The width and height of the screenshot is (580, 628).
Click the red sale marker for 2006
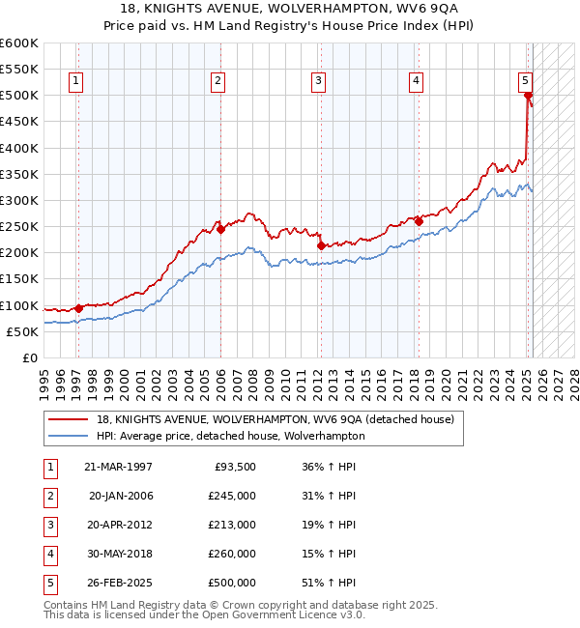tap(220, 229)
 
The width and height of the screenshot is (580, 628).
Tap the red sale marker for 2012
tap(320, 245)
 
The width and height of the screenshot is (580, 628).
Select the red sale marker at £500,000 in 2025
tap(528, 95)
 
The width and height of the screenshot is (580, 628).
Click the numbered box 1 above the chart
tap(76, 81)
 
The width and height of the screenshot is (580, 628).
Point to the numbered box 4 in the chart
tap(416, 81)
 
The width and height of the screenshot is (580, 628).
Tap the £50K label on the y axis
tap(22, 331)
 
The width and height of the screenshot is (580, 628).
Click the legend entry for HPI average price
tap(230, 436)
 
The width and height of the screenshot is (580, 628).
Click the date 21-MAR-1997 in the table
tap(119, 467)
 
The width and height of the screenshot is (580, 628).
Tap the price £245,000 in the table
tap(232, 496)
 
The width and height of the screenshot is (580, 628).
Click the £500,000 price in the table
tap(232, 583)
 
